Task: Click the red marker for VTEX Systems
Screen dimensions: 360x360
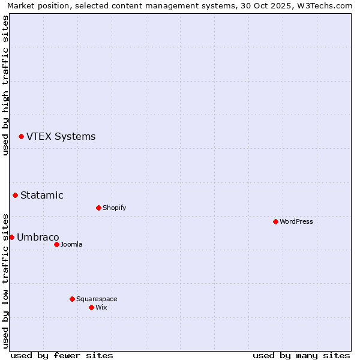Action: [21, 137]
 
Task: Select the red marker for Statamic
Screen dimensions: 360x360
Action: [15, 195]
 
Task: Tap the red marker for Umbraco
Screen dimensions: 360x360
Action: [11, 237]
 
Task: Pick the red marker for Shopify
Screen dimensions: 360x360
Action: [98, 208]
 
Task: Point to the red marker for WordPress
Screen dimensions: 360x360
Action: [275, 221]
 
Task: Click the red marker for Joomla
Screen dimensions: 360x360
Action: [56, 244]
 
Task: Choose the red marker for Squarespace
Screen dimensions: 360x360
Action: [72, 299]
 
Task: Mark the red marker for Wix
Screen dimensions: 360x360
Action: [91, 307]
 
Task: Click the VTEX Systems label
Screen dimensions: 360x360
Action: [61, 137]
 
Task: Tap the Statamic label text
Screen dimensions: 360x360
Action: [42, 195]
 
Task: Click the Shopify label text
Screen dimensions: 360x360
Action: [114, 208]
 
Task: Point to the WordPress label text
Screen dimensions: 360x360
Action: [296, 221]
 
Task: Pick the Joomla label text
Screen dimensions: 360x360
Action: [71, 244]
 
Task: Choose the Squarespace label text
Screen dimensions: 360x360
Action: [97, 299]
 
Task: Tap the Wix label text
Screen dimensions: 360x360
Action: [101, 307]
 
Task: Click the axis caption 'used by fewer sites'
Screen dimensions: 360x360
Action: [62, 355]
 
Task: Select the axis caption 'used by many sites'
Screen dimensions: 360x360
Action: [301, 355]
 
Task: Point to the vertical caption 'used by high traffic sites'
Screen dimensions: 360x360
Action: [5, 85]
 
